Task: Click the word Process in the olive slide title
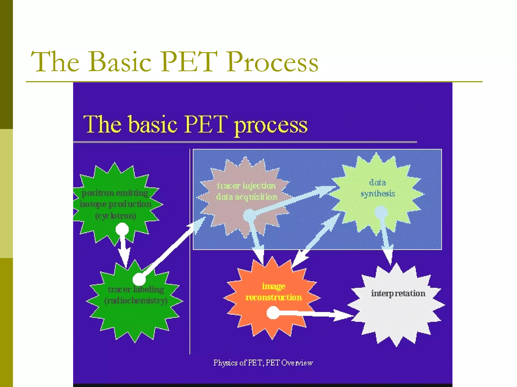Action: (x=272, y=62)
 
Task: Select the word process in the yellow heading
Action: (x=271, y=125)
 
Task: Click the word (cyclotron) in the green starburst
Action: (x=116, y=216)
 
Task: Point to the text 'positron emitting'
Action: (x=115, y=193)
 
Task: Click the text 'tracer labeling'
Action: (x=136, y=289)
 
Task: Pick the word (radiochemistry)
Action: (x=136, y=301)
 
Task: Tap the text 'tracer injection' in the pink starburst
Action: (x=246, y=186)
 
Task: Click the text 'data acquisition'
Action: (x=247, y=197)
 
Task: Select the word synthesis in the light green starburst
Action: (x=378, y=194)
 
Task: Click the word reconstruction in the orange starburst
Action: (x=274, y=297)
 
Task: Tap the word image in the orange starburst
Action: (x=273, y=286)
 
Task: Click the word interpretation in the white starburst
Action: (x=398, y=294)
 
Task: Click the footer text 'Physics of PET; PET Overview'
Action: (x=263, y=363)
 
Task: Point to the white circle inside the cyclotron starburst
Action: (x=122, y=230)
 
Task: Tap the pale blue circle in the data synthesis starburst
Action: (x=381, y=212)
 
